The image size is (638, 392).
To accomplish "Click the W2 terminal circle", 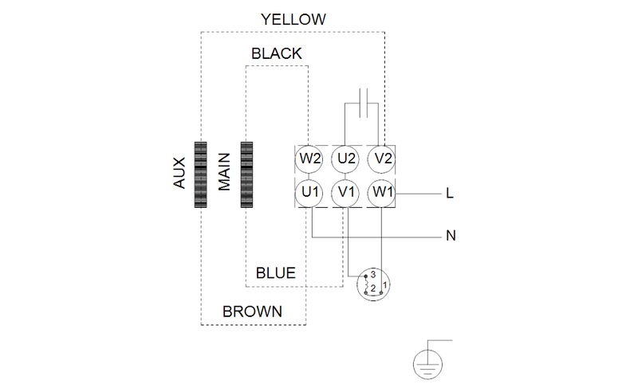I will point(310,158).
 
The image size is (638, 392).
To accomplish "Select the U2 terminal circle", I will point(346,158).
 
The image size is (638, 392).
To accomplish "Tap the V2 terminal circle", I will point(382,158).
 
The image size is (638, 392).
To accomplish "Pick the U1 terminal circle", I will point(310,192).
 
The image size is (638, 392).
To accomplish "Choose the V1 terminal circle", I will point(346,192).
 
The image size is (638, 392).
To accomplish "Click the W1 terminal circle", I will point(382,192).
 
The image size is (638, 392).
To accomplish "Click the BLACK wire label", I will point(276,54).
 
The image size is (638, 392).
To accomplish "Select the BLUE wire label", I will point(275,273).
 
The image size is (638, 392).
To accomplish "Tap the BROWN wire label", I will point(252,312).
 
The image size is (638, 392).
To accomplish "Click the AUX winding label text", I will point(179,172).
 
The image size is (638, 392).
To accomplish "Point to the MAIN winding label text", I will point(224,172).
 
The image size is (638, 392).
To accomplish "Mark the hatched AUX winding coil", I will point(200,174).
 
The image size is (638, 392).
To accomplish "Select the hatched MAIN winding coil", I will point(246,174).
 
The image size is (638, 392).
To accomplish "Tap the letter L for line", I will point(450,194).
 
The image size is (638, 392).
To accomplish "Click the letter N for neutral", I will point(450,237).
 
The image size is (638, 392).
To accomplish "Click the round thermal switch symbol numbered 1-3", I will point(374,284).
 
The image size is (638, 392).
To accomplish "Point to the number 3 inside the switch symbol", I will point(372,274).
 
